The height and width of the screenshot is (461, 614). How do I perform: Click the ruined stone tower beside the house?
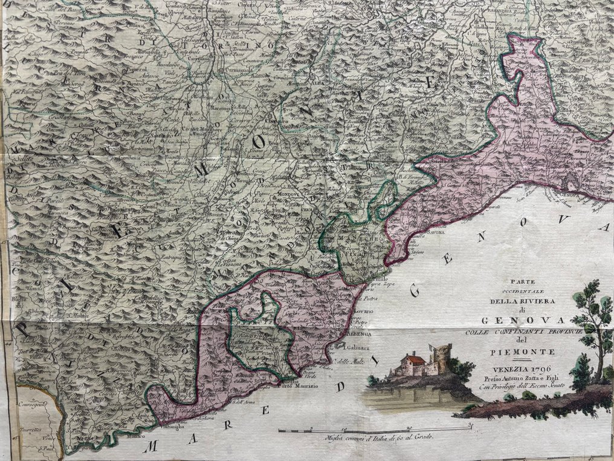pyautogui.click(x=441, y=358)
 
